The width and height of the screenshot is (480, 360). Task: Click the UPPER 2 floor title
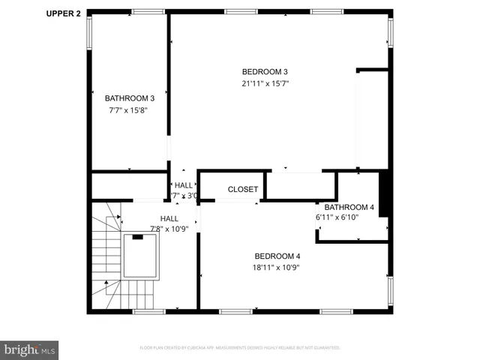(64, 13)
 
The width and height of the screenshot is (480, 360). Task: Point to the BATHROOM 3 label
(129, 98)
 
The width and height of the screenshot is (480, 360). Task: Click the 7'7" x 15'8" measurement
(129, 110)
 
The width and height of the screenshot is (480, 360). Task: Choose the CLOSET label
(243, 190)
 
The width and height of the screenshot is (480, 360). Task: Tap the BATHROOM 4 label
(349, 207)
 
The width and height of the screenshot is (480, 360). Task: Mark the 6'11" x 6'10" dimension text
(337, 217)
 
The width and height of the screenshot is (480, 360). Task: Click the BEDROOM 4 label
(277, 255)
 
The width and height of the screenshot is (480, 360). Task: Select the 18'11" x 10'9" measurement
(277, 267)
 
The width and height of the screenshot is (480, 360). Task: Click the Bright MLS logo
(30, 349)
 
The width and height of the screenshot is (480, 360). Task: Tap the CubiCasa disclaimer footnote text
(240, 348)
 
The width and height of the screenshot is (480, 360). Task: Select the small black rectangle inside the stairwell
(137, 237)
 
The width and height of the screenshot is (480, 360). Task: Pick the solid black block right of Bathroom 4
(385, 194)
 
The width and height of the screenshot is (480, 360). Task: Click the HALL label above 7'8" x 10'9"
(169, 218)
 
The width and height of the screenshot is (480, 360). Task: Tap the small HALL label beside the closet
(183, 185)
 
